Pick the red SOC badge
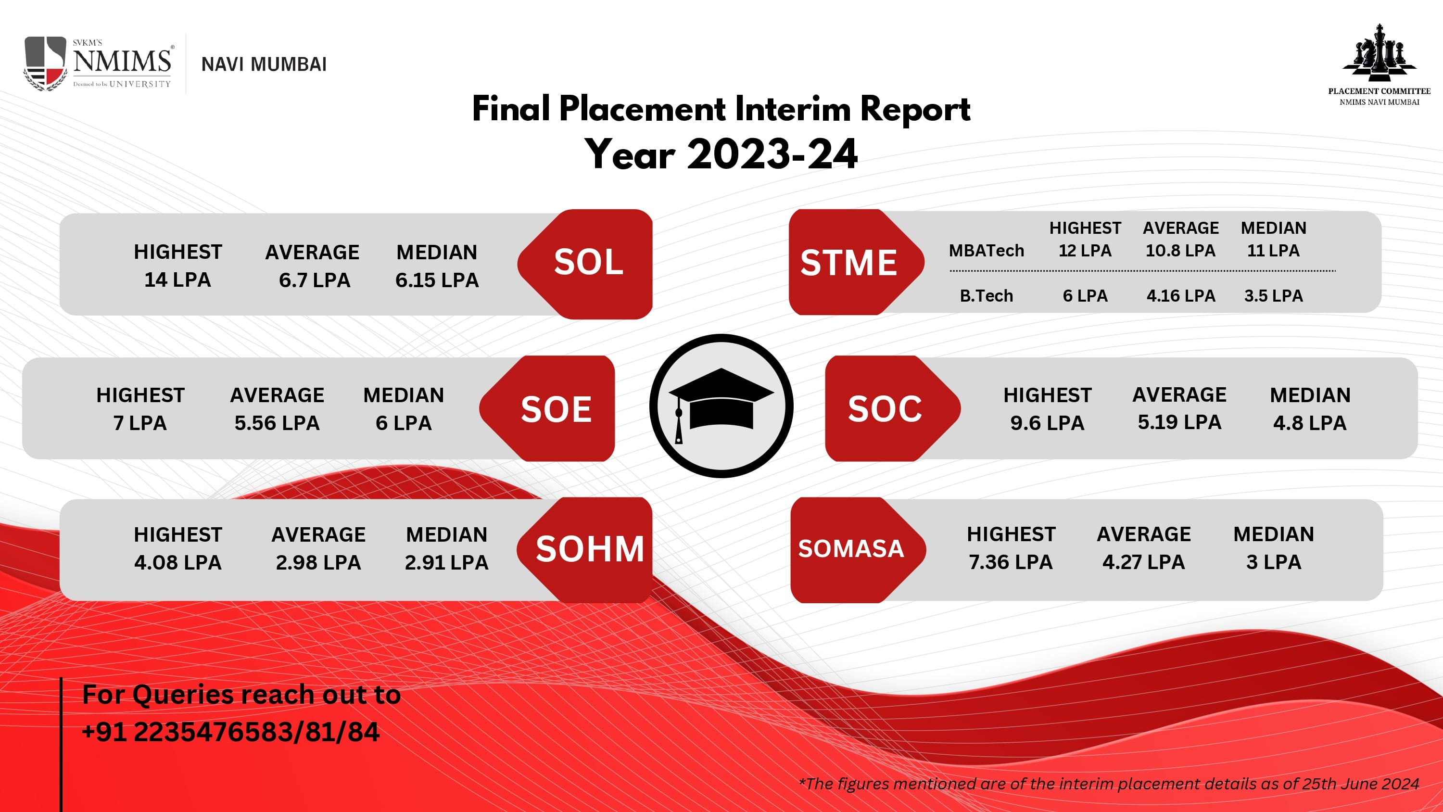[x=892, y=408]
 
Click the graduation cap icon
[x=721, y=406]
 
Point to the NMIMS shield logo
[x=45, y=63]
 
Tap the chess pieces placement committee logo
[x=1379, y=64]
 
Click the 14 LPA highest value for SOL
[x=177, y=279]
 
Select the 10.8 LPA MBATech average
[x=1180, y=251]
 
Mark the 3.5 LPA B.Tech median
[x=1273, y=295]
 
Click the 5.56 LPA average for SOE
[x=277, y=423]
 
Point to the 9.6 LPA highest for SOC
[x=1047, y=423]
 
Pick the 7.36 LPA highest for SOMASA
[x=1011, y=562]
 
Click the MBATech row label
[x=986, y=251]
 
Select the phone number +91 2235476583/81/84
[x=231, y=732]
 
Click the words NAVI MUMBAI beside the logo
[x=264, y=64]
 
